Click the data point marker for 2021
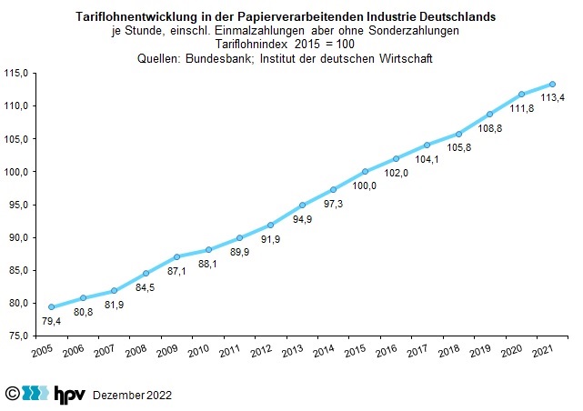click(x=552, y=85)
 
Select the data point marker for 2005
click(x=51, y=306)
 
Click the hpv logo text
click(x=70, y=394)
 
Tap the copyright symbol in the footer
click(x=12, y=394)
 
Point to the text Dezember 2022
click(x=132, y=396)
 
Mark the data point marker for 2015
click(x=365, y=171)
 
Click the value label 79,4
click(x=51, y=321)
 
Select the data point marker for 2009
click(x=176, y=257)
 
